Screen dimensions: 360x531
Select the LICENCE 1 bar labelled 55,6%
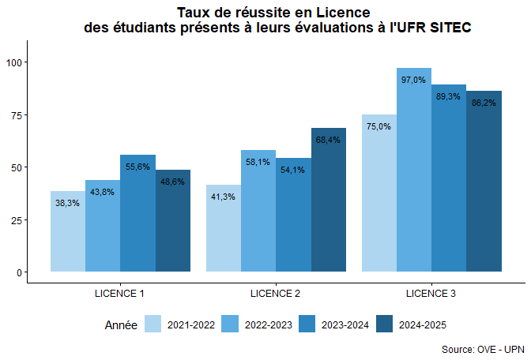[x=137, y=221]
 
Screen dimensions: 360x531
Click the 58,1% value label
[x=258, y=162]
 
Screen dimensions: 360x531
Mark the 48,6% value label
[x=172, y=182]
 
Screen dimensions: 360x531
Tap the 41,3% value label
[x=224, y=197]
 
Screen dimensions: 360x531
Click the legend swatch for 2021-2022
[x=153, y=324]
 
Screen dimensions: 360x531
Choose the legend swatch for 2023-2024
[x=308, y=324]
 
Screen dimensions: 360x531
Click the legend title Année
[x=121, y=324]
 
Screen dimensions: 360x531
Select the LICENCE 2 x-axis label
[x=275, y=294]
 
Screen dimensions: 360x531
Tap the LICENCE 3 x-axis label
[x=431, y=294]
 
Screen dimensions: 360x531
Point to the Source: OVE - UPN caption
[x=482, y=348]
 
